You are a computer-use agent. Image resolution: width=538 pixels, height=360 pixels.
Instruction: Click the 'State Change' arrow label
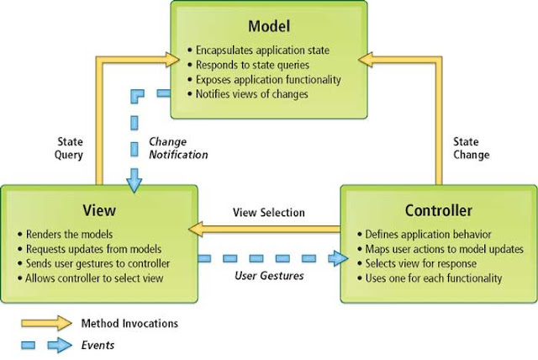coord(476,148)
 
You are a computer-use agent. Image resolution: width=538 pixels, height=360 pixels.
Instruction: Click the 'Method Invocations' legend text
coord(129,322)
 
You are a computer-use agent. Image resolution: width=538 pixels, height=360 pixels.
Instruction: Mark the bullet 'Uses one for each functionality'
coord(434,277)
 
